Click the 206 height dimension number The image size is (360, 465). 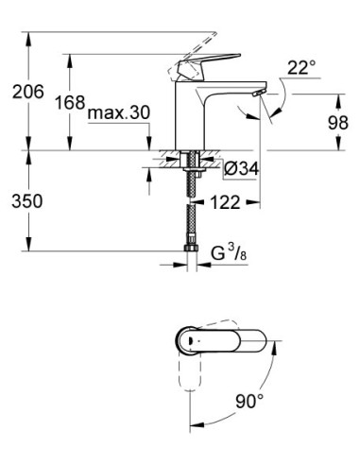click(x=25, y=92)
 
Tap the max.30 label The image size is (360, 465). click(x=119, y=112)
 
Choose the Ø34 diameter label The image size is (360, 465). click(x=243, y=171)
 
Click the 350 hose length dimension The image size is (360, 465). click(x=25, y=202)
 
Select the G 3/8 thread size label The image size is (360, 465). click(x=225, y=252)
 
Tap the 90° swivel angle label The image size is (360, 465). click(x=248, y=402)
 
